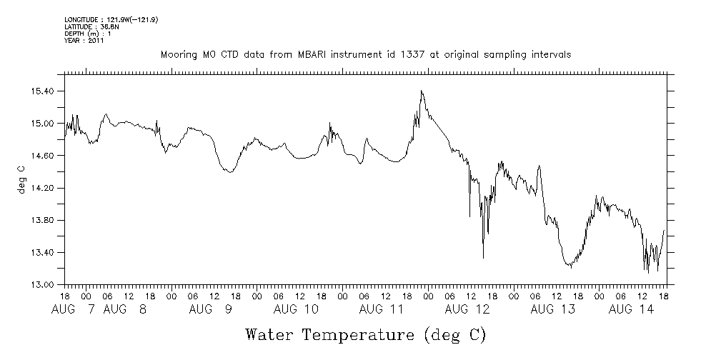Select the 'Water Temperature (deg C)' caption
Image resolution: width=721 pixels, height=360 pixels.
click(x=365, y=334)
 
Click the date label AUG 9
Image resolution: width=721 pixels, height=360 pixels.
click(x=212, y=309)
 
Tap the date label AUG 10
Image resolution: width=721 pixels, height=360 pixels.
click(x=296, y=309)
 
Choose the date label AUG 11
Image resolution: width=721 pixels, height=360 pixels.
click(x=382, y=309)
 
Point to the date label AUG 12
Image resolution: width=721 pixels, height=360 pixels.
click(x=467, y=309)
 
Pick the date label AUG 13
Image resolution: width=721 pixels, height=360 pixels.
click(x=553, y=309)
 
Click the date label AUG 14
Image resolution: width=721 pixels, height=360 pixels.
click(x=631, y=309)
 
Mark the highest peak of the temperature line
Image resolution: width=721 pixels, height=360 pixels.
click(x=422, y=91)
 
